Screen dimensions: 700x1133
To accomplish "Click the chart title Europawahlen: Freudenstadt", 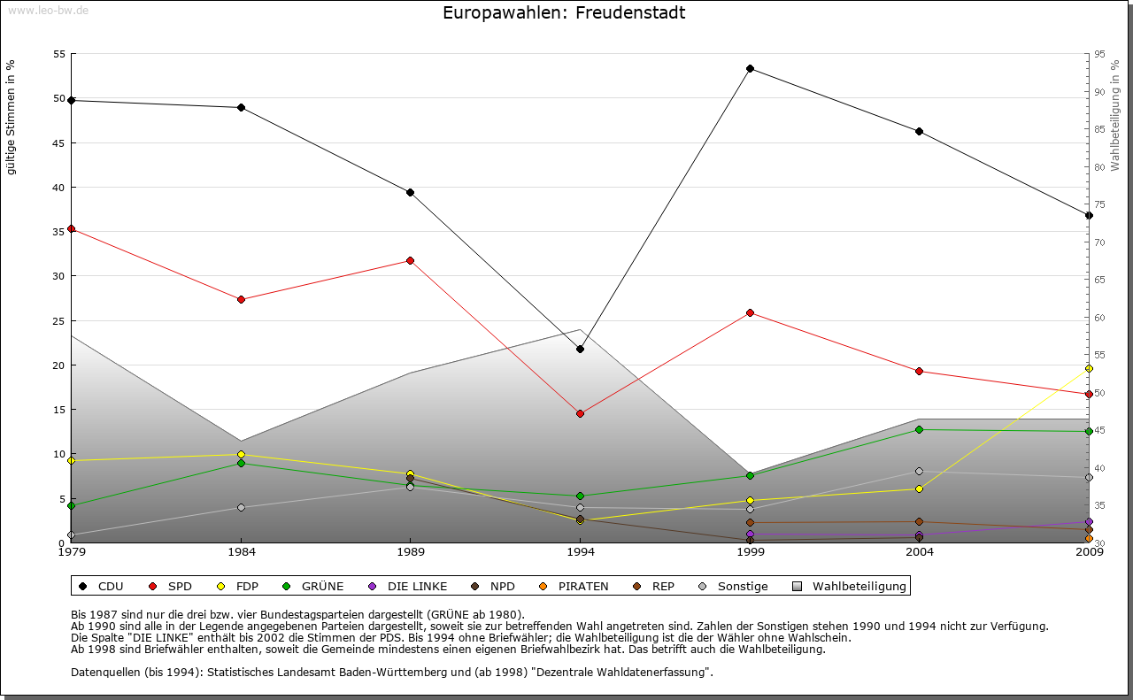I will (564, 13).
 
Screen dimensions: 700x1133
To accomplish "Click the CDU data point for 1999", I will (750, 68).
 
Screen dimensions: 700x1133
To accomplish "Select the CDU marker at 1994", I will (580, 349).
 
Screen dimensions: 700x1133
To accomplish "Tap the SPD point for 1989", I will (410, 260).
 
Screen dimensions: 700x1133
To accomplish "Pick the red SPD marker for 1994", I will (580, 413).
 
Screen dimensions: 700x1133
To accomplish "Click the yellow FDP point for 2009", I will (1089, 368).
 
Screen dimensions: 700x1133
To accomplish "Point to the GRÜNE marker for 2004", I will (919, 429).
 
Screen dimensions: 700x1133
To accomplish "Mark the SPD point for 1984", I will (241, 299).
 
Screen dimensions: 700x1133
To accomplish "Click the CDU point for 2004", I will (919, 131).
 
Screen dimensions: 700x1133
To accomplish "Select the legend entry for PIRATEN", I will (575, 586).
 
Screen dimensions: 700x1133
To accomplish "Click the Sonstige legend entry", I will (735, 586).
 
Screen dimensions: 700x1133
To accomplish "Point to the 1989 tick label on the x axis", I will (411, 552).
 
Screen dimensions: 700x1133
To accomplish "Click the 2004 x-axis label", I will (920, 552).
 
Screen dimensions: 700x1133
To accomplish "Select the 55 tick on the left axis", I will (60, 54).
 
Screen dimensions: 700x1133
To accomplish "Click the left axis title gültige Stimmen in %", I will (12, 117).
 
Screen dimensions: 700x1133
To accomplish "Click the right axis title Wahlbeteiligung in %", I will (1115, 115).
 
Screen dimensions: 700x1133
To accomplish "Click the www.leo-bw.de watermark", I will (48, 10).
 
